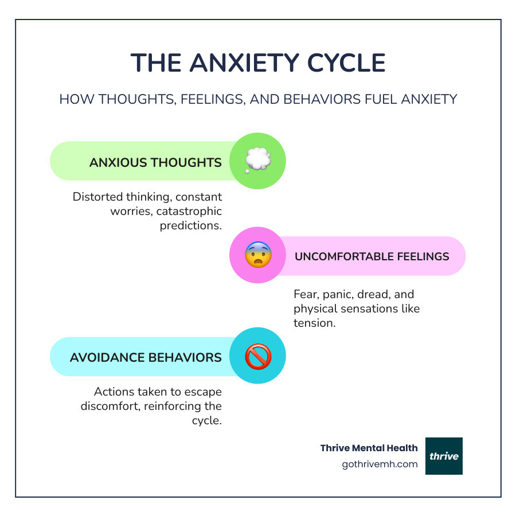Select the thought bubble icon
257,161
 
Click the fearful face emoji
257,256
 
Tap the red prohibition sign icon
257,357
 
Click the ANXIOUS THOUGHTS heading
155,162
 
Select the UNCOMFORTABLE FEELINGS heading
372,256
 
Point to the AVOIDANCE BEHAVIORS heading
146,357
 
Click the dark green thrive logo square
444,456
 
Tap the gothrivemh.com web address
380,464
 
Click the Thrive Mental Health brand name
369,448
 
